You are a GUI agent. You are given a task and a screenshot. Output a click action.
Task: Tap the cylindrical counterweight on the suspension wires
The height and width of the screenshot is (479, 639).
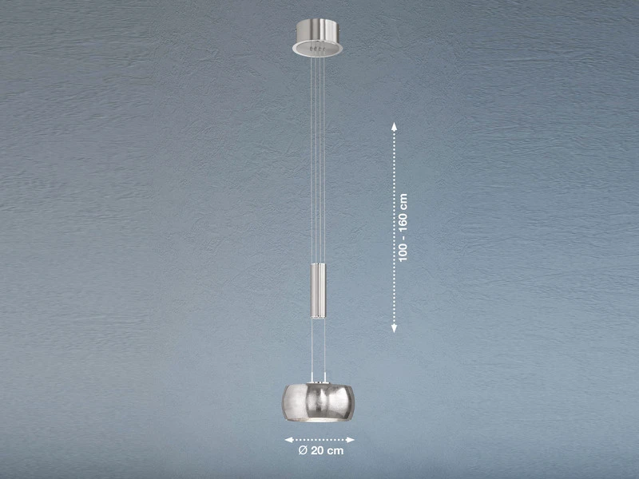coord(318,291)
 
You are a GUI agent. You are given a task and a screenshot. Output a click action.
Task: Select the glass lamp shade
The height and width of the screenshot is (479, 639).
coord(318,402)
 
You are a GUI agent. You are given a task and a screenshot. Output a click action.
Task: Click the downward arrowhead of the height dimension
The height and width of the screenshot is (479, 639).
coord(394,328)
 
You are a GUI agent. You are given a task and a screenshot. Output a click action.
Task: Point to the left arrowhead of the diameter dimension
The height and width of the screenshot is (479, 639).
coord(289,440)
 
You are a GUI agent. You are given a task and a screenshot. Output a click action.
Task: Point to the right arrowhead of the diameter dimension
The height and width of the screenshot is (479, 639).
coord(350,440)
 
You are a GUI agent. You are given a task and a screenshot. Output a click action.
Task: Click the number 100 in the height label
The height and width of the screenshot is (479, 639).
coord(403,253)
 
